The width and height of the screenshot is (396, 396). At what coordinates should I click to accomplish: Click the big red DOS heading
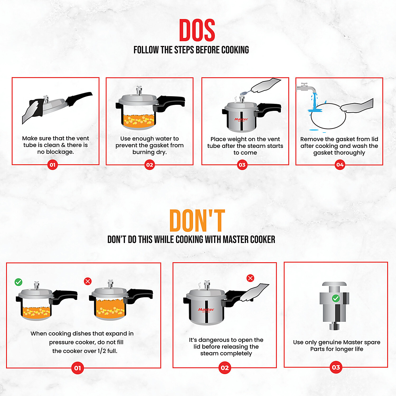point(197,30)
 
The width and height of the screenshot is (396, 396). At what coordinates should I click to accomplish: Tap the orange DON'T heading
point(197,220)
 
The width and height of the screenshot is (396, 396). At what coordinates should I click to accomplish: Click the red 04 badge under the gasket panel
point(340,165)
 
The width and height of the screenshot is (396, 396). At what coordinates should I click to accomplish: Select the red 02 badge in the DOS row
point(149,165)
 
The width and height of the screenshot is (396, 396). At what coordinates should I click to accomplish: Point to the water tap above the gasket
point(306,87)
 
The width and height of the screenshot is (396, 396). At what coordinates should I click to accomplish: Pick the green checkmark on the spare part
point(336,299)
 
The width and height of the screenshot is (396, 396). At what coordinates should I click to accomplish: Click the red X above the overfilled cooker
point(88,281)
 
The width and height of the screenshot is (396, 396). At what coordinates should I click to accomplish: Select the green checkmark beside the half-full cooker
point(18,282)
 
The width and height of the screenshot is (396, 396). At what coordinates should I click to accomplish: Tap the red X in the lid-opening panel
point(250,278)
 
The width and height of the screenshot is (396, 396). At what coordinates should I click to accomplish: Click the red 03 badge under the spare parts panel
point(336,367)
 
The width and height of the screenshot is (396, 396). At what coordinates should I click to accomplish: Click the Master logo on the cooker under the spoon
point(241,120)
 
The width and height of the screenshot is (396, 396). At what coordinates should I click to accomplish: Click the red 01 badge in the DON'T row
point(78,368)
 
